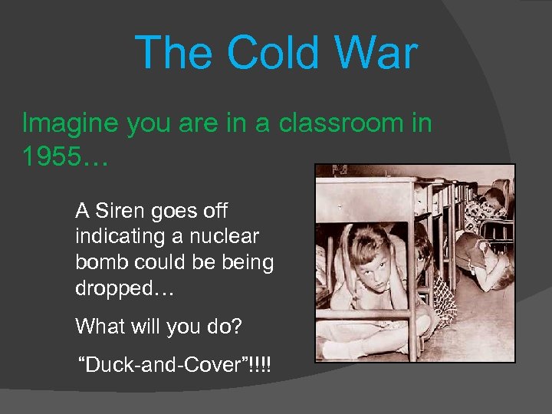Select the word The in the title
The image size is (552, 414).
pyautogui.click(x=176, y=54)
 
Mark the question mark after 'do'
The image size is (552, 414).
pyautogui.click(x=236, y=327)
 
